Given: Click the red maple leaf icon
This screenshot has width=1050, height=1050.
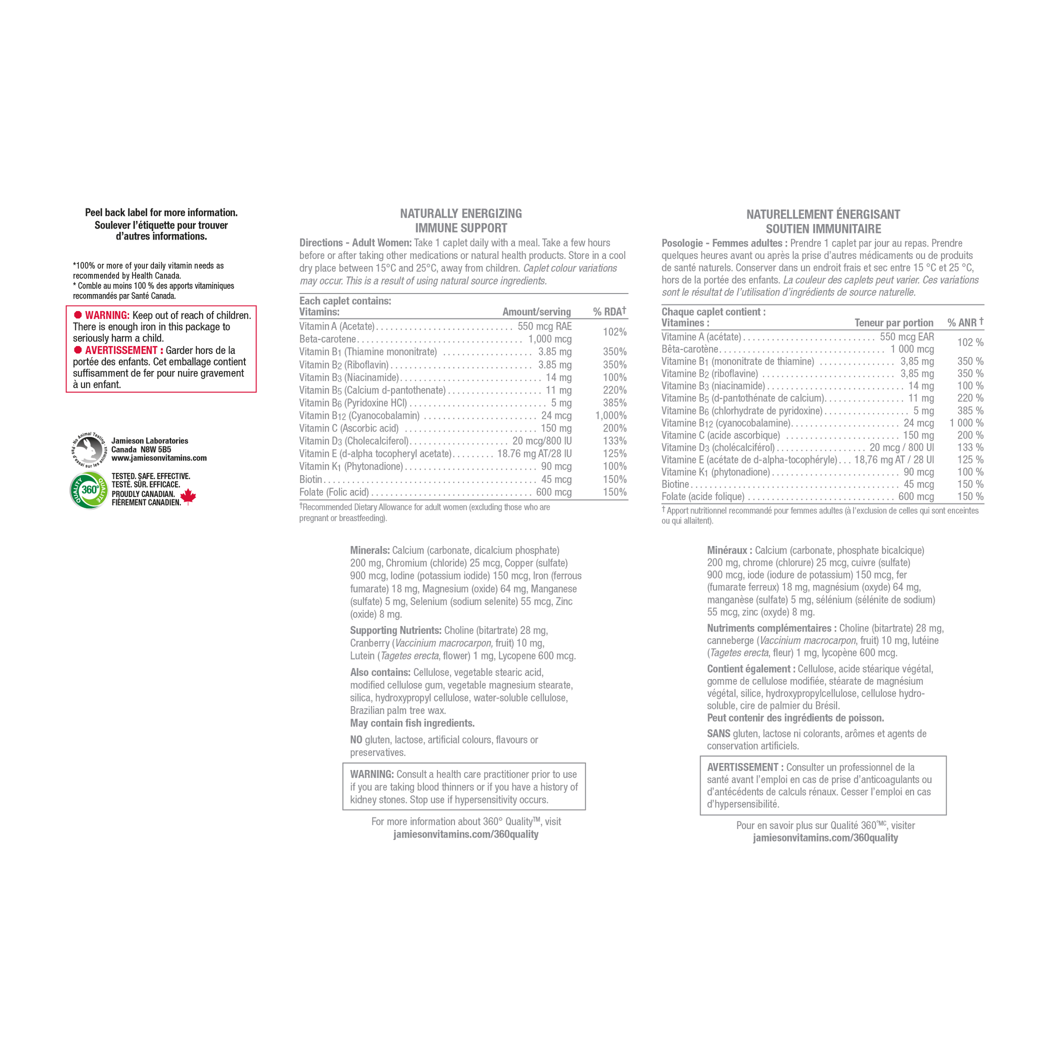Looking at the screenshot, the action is click(188, 496).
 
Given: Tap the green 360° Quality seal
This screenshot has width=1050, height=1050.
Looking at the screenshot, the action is click(89, 490).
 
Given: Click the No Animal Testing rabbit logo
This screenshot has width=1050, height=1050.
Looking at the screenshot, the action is click(89, 450).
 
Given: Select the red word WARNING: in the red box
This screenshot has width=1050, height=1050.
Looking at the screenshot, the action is click(107, 315).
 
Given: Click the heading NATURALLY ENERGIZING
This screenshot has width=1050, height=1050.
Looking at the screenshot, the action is click(461, 213).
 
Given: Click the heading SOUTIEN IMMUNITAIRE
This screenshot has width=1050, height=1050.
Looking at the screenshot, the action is click(823, 229).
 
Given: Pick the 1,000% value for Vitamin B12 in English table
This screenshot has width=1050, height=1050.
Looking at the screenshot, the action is click(611, 416).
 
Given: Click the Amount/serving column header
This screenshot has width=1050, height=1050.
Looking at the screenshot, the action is click(536, 312).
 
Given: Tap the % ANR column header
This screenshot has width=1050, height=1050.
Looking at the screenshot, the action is click(965, 322).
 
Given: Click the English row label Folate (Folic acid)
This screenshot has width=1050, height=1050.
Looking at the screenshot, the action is click(334, 492).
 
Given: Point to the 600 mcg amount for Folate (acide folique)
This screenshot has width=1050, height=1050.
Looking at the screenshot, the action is click(916, 496).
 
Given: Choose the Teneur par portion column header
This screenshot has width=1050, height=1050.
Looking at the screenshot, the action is click(893, 323).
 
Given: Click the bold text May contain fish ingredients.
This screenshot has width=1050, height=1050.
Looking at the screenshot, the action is click(412, 723).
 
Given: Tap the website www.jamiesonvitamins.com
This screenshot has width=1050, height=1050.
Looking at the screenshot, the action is click(158, 458).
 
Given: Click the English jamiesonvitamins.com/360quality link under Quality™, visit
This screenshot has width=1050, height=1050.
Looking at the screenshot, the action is click(466, 834).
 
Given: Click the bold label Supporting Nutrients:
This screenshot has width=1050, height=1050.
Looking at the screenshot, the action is click(395, 630).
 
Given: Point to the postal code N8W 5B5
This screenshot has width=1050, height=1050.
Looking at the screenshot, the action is click(155, 449).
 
